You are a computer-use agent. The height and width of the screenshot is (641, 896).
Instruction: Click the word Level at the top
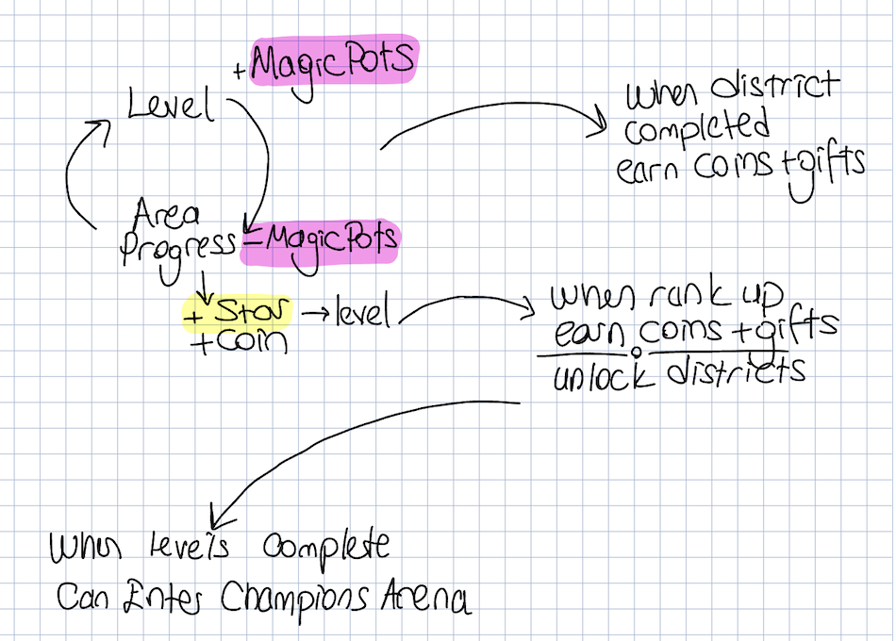[171, 106]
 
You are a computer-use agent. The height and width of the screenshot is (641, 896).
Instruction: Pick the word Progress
[177, 248]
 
